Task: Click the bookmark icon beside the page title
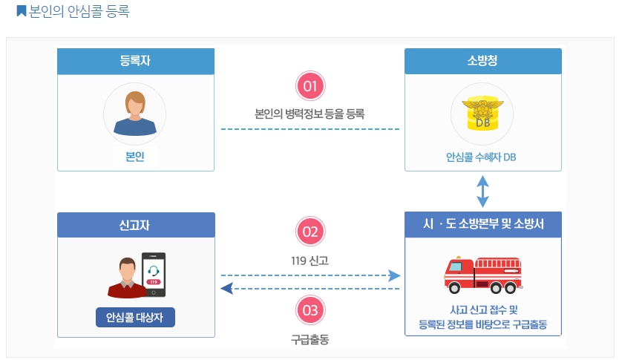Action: [x=21, y=11]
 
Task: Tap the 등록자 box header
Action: [x=136, y=61]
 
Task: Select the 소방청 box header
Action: [x=482, y=61]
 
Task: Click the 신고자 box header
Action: [x=136, y=225]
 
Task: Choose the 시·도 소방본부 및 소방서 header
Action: [x=482, y=224]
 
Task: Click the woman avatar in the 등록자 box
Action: [x=134, y=112]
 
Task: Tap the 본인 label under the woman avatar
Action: [x=135, y=156]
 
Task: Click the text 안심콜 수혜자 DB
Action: [x=482, y=157]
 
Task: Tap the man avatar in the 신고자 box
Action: [x=126, y=278]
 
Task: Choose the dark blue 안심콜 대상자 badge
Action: [x=135, y=318]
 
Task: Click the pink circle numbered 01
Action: [x=310, y=86]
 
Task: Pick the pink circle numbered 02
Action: [x=310, y=232]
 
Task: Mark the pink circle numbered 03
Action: [x=310, y=310]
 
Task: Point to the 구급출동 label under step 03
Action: [x=310, y=339]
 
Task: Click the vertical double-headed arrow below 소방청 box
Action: [x=482, y=191]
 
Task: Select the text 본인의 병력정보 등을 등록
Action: [x=310, y=114]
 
